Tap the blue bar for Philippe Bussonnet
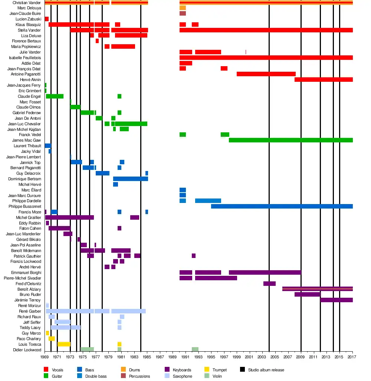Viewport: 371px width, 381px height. pos(282,206)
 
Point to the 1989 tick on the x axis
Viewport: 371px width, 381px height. pos(173,357)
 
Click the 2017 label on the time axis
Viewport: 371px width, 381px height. pos(352,357)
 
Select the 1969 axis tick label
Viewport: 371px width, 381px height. pos(45,357)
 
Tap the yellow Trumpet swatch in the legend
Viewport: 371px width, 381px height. pos(207,370)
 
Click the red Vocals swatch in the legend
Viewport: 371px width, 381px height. pos(46,370)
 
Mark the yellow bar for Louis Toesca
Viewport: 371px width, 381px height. pos(64,344)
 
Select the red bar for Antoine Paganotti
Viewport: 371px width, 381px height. pos(266,74)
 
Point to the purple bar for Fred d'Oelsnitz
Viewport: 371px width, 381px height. pos(269,284)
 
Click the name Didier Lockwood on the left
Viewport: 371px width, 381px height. pos(27,350)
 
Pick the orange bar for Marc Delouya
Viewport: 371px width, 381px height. pos(183,8)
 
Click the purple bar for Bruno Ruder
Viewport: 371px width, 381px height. pos(307,294)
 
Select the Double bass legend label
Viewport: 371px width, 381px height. pos(96,376)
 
